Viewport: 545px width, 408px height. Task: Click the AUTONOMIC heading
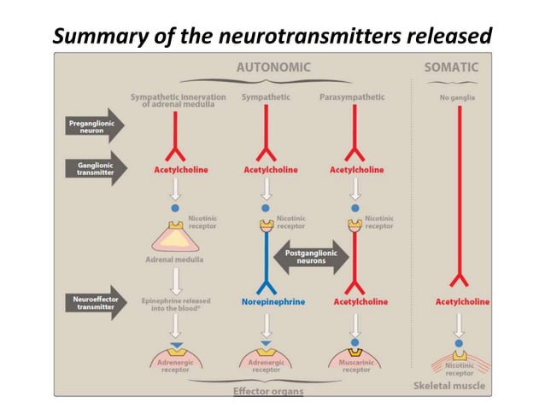click(273, 67)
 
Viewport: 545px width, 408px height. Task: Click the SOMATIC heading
click(451, 67)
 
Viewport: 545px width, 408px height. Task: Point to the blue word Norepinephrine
click(267, 301)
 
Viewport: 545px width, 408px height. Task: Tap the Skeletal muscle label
click(449, 385)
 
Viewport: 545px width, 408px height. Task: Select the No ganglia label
click(458, 98)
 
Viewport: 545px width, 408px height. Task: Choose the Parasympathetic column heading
click(350, 98)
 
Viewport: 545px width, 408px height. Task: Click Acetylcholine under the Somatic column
click(462, 301)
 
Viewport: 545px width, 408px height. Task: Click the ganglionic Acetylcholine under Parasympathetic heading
click(356, 169)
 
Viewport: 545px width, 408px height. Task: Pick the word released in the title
click(448, 36)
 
